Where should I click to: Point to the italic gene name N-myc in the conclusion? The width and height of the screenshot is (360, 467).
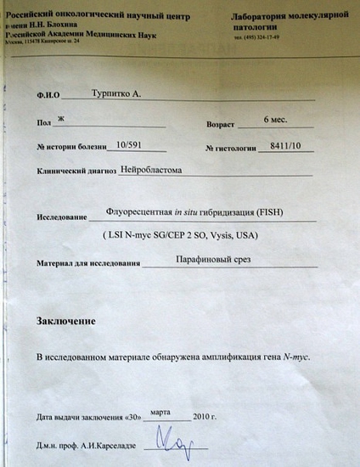point(295,357)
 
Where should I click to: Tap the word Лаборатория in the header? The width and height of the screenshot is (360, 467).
point(258,16)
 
